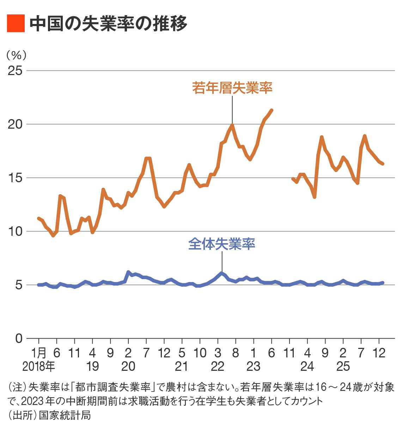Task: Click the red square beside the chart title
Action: coord(16,24)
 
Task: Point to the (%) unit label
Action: coord(16,55)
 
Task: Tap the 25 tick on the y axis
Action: coord(15,70)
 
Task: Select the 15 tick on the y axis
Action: coord(15,178)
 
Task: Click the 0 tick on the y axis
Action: coord(19,338)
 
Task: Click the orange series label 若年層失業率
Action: coord(232,87)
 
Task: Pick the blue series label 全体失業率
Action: coord(221,244)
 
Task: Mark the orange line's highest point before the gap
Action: coord(272,110)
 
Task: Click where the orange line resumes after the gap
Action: coord(293,179)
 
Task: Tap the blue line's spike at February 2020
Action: coord(128,272)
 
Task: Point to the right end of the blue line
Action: coord(383,283)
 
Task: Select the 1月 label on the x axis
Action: coord(39,353)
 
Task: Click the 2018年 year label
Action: coord(39,367)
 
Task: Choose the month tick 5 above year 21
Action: coord(182,353)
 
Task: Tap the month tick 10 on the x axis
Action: coord(200,353)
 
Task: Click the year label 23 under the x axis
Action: coord(253,367)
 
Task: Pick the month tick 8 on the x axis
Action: coord(236,353)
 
